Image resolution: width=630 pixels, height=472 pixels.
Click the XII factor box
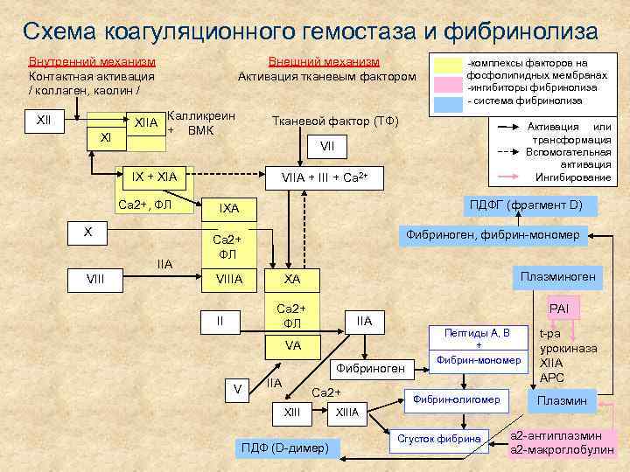point(43,119)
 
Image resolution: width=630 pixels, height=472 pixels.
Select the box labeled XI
point(106,138)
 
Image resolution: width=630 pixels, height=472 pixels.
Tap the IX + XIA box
point(153,177)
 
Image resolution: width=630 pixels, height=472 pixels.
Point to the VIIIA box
point(229,279)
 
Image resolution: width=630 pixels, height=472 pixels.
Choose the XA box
point(292,279)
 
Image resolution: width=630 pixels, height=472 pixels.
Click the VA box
point(292,345)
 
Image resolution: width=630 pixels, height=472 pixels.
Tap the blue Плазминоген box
point(557,276)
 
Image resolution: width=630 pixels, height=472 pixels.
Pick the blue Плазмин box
point(561,401)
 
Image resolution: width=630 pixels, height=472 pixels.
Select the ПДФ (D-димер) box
point(284,448)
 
